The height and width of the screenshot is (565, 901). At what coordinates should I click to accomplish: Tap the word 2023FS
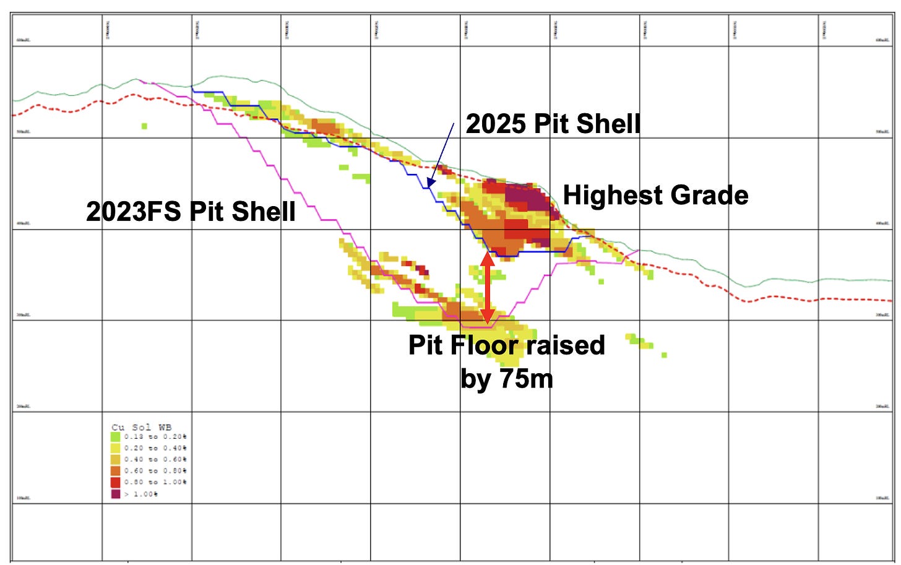pyautogui.click(x=133, y=212)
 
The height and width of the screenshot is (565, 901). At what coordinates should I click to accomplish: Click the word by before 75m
pyautogui.click(x=475, y=378)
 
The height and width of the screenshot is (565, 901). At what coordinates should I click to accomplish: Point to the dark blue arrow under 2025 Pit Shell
pyautogui.click(x=440, y=155)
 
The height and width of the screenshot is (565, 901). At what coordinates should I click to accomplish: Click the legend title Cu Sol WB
pyautogui.click(x=141, y=427)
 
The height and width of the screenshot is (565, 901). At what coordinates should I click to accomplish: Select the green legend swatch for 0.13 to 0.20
pyautogui.click(x=115, y=437)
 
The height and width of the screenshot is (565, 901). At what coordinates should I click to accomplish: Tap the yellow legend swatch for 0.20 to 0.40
pyautogui.click(x=115, y=448)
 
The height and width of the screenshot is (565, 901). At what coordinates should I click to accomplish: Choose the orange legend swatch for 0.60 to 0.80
pyautogui.click(x=115, y=471)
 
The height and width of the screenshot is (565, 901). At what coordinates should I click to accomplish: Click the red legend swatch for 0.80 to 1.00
pyautogui.click(x=115, y=482)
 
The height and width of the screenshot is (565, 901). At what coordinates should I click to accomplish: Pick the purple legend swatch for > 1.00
pyautogui.click(x=115, y=494)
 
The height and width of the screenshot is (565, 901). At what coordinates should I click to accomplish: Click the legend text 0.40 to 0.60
pyautogui.click(x=155, y=460)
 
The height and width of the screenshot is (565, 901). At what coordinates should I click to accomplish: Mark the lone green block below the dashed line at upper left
pyautogui.click(x=144, y=126)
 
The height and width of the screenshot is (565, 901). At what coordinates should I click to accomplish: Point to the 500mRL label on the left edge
pyautogui.click(x=23, y=132)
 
